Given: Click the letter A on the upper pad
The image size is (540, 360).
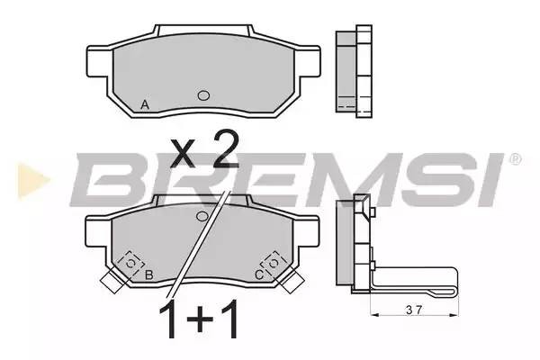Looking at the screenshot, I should (145, 105).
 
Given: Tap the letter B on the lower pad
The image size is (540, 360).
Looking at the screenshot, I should (149, 274).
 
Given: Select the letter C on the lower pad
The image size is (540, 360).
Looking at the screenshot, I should (259, 274).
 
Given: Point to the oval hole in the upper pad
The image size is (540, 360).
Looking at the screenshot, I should (203, 96).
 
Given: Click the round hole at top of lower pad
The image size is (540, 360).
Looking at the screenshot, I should (203, 217).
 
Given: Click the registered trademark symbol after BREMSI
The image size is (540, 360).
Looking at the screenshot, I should (515, 159).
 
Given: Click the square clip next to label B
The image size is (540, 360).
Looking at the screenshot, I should (131, 261).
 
